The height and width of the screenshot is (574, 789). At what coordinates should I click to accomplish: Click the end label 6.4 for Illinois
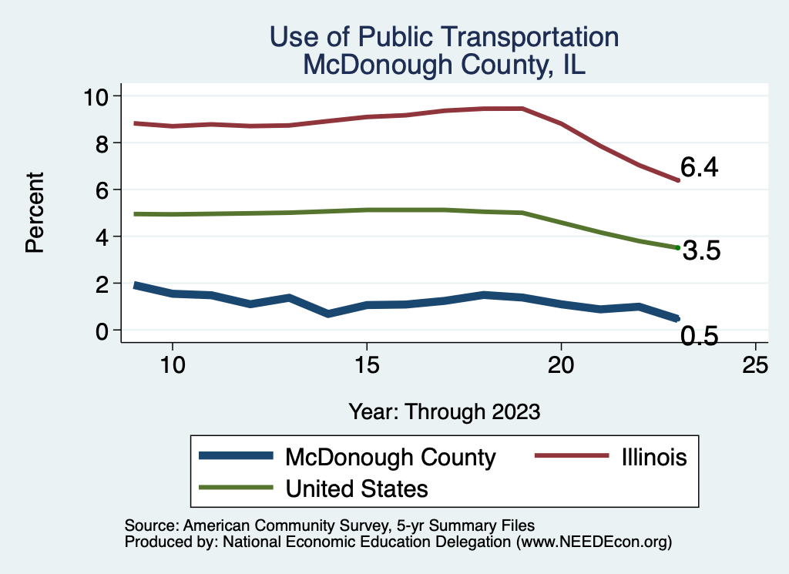[x=699, y=167]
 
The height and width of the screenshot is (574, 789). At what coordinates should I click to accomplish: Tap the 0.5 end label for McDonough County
[x=699, y=336]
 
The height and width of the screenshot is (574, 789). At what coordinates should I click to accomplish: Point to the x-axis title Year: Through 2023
[x=444, y=411]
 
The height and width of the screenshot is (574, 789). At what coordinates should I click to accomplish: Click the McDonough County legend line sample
[x=236, y=456]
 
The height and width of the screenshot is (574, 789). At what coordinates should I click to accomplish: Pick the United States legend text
[x=356, y=488]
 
